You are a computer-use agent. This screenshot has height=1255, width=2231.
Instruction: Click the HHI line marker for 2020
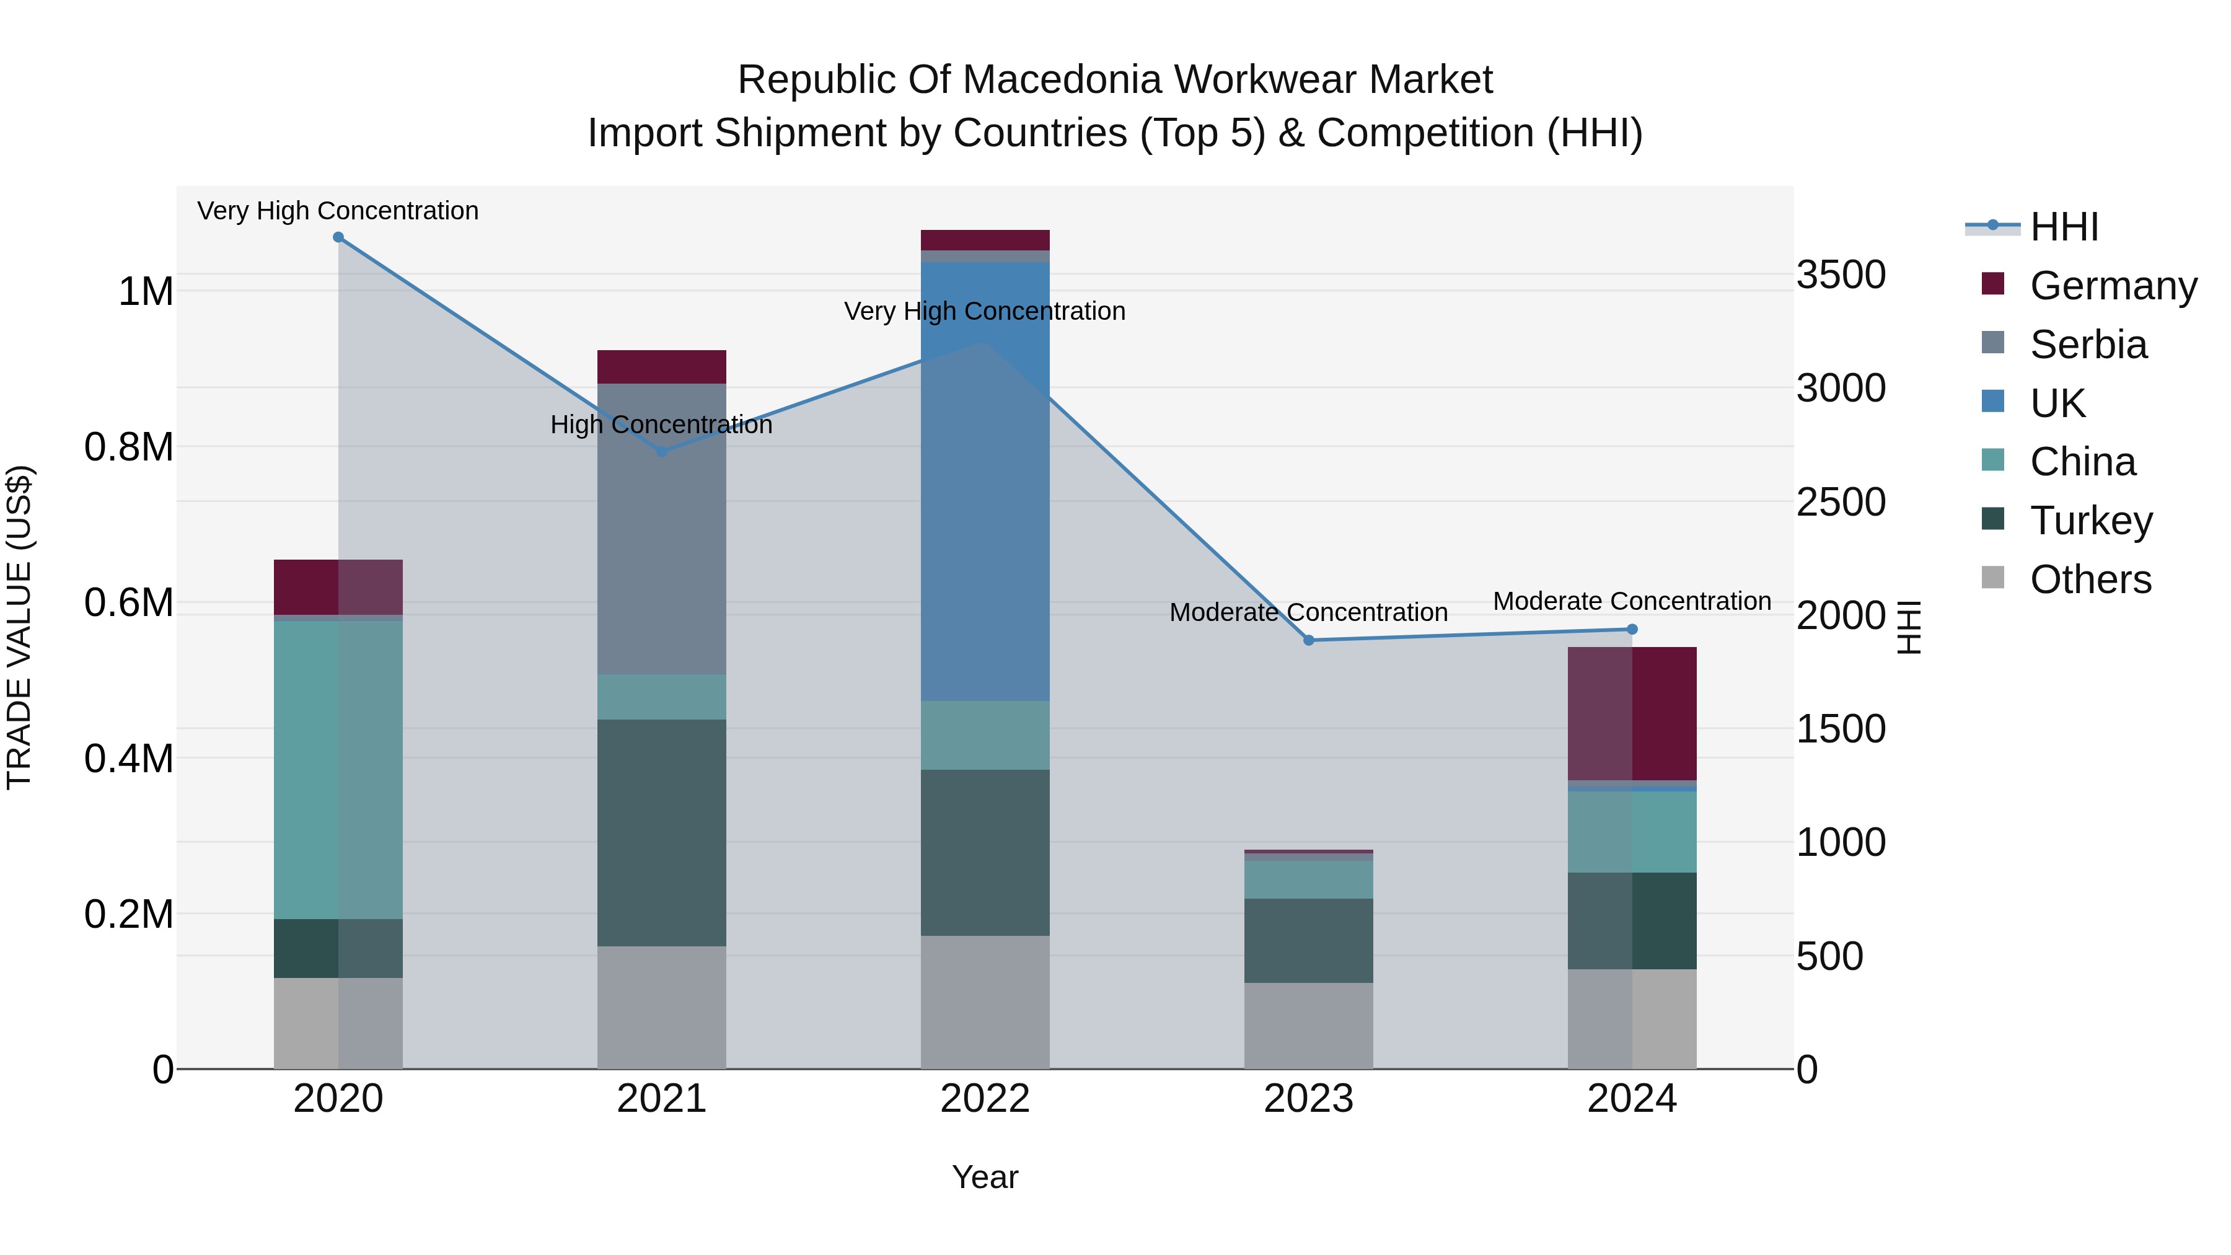click(338, 237)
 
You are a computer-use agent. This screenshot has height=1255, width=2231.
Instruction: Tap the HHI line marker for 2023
click(1309, 640)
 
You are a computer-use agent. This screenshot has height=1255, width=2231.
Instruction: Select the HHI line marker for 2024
click(1632, 630)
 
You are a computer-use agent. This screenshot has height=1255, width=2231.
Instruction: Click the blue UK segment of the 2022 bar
click(985, 481)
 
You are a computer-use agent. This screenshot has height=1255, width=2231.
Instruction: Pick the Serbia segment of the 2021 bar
click(662, 528)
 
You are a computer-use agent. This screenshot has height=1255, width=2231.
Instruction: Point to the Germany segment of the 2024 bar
click(1632, 714)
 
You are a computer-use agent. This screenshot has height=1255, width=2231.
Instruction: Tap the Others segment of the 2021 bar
click(662, 1006)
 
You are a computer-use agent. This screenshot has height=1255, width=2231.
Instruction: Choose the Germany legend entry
click(2113, 286)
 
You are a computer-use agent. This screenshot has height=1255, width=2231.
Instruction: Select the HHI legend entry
click(2063, 227)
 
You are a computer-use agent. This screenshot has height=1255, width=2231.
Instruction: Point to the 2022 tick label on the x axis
click(985, 1099)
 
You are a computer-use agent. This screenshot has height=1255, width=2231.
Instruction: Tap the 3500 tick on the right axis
click(1841, 275)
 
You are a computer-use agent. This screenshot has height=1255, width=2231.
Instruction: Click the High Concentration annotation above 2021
click(662, 425)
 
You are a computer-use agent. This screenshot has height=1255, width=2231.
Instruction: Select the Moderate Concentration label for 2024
click(1632, 601)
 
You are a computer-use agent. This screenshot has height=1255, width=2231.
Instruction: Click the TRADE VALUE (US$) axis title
click(19, 627)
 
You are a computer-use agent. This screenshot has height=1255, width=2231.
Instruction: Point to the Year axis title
click(985, 1177)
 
